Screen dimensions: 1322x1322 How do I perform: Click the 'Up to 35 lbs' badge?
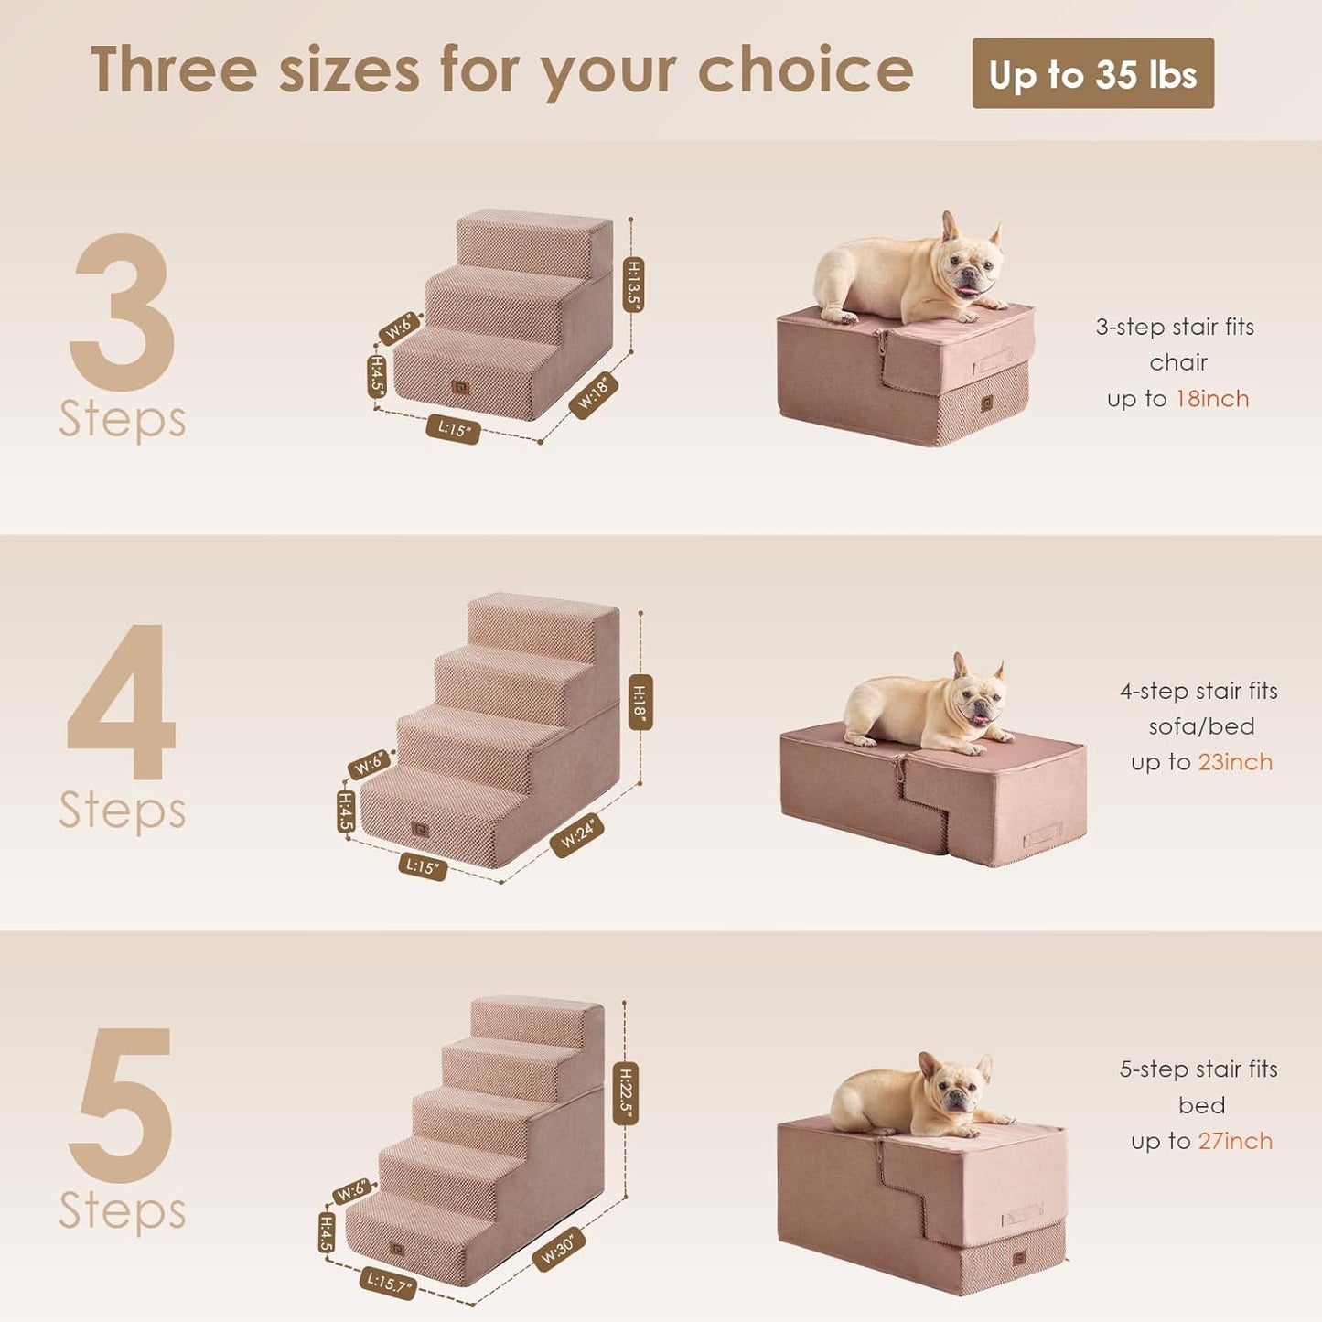[x=1092, y=73]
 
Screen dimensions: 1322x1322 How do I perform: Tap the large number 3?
[x=123, y=312]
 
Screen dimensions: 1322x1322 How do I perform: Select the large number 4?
[x=122, y=701]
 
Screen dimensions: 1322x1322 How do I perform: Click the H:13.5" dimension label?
[x=633, y=285]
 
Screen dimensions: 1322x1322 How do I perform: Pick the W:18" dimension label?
[x=593, y=395]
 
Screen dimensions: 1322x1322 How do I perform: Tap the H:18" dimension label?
[x=640, y=702]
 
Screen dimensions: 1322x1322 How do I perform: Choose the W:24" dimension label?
[x=577, y=834]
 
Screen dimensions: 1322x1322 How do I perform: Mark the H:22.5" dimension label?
[x=626, y=1092]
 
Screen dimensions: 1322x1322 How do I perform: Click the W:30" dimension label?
[x=558, y=1250]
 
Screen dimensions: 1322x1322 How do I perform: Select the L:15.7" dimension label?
[x=388, y=1283]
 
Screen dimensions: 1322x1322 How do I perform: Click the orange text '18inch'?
[x=1212, y=399]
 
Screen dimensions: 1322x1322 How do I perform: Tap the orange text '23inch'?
[x=1235, y=762]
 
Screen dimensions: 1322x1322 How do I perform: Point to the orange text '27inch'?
[x=1235, y=1141]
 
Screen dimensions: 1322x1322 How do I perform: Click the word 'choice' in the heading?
[x=805, y=70]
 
